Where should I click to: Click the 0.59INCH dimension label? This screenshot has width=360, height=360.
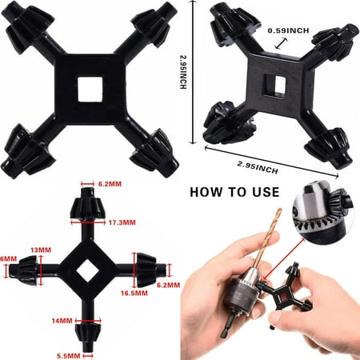288,30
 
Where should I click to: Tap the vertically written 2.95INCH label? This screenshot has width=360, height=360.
183,72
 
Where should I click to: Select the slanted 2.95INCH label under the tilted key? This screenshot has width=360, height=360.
258,167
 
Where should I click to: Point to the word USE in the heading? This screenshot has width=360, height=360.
266,192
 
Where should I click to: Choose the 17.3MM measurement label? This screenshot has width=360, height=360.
122,222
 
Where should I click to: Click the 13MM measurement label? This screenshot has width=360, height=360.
41,250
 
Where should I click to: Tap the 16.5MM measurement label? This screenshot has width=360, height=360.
134,293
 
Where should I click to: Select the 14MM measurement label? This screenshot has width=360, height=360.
62,320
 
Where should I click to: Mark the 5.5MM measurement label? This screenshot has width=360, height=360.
69,356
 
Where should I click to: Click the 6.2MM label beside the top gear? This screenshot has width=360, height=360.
110,184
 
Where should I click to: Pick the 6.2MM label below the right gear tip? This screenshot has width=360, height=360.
168,285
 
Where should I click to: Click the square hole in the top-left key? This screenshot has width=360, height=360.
90,89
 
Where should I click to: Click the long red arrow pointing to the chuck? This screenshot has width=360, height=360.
285,258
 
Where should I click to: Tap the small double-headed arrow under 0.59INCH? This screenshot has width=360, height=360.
282,43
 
